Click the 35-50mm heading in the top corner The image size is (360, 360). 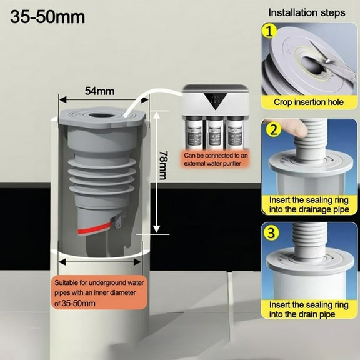pyautogui.click(x=47, y=17)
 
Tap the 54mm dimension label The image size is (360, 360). pyautogui.click(x=99, y=91)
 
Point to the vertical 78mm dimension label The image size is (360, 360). pyautogui.click(x=164, y=165)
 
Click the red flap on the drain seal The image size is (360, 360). pyautogui.click(x=94, y=229)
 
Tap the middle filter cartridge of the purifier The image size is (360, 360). pyautogui.click(x=215, y=132)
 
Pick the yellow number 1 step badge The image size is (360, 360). pyautogui.click(x=269, y=31)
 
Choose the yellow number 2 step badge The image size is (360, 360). pyautogui.click(x=272, y=130)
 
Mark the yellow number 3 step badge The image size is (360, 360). pyautogui.click(x=271, y=232)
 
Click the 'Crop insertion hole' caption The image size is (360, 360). pyautogui.click(x=309, y=102)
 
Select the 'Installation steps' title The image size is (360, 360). pyautogui.click(x=307, y=12)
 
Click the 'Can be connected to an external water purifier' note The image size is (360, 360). pyautogui.click(x=216, y=159)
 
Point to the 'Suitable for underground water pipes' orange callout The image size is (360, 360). pyautogui.click(x=99, y=292)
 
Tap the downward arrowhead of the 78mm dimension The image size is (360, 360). pyautogui.click(x=156, y=229)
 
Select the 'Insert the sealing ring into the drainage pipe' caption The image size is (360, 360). pyautogui.click(x=309, y=205)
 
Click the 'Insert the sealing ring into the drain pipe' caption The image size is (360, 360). pyautogui.click(x=309, y=310)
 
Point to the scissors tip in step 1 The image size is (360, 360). pyautogui.click(x=326, y=62)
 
